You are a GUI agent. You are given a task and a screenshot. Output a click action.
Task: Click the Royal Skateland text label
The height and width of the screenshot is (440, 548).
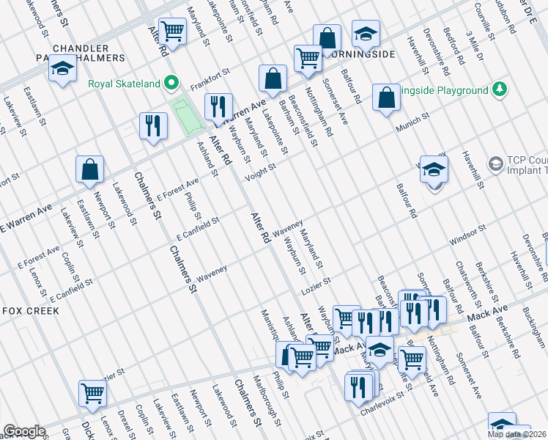pyautogui.click(x=124, y=84)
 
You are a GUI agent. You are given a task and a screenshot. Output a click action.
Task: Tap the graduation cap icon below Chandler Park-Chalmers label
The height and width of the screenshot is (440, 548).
pyautogui.click(x=63, y=69)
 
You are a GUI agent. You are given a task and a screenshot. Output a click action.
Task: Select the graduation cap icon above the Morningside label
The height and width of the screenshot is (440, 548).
pyautogui.click(x=366, y=34)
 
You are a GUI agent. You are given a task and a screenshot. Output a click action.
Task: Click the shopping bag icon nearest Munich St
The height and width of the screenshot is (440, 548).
pyautogui.click(x=386, y=98)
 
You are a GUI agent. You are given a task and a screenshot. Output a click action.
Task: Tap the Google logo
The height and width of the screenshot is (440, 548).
pyautogui.click(x=25, y=431)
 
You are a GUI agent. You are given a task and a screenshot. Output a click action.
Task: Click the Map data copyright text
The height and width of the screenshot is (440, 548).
pyautogui.click(x=517, y=434)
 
